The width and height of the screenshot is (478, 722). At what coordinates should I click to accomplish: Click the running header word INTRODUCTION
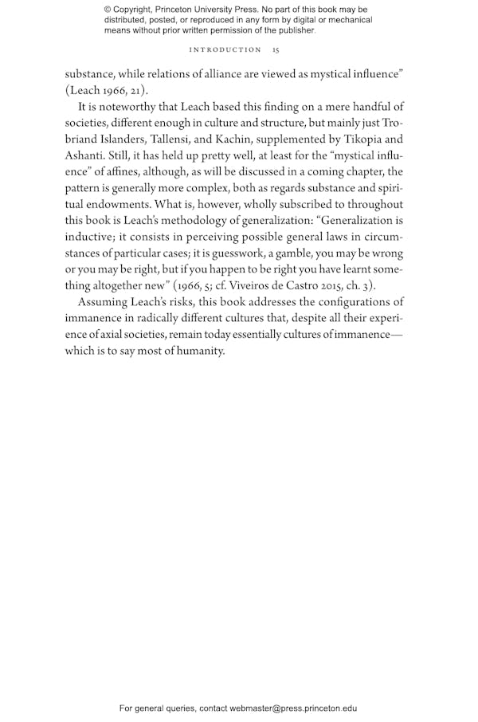225,49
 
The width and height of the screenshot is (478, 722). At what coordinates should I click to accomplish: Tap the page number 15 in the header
275,49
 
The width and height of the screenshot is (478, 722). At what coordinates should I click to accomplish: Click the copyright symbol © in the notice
108,9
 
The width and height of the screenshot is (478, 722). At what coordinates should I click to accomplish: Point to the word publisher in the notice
294,31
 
